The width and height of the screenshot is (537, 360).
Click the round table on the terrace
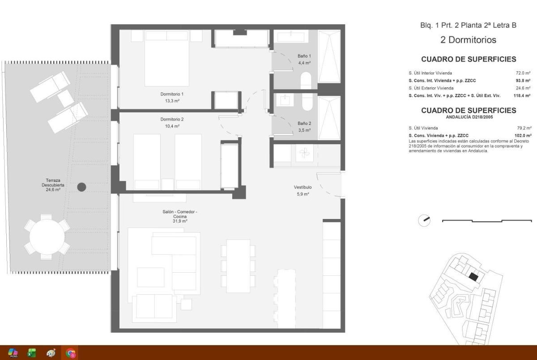point(47,236)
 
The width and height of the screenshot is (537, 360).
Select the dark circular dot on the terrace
point(81,187)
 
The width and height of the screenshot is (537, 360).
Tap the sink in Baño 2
point(284,100)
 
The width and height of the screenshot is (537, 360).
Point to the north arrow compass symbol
point(424,220)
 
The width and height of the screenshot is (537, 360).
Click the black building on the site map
point(473,277)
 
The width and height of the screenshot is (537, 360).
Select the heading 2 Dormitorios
point(468,40)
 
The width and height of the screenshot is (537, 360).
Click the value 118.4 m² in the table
point(522,95)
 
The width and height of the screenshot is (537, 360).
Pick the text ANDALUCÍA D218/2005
point(469,117)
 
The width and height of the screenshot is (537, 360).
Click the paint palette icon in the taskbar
point(51,353)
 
